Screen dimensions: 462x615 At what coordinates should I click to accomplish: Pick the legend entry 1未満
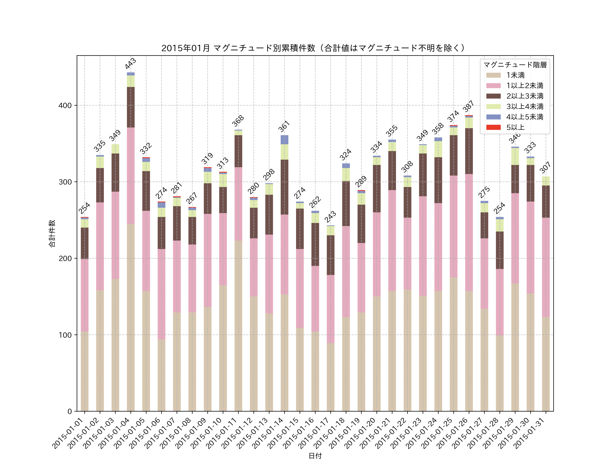tap(515, 75)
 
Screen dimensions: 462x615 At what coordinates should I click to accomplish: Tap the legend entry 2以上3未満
tap(525, 96)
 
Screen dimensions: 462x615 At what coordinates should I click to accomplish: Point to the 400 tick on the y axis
tap(65, 106)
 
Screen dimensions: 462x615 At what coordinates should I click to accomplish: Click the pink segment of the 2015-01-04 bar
tap(131, 175)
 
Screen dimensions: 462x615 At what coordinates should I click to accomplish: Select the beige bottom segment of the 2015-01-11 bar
tap(238, 326)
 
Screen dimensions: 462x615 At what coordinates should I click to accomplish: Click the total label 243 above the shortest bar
tap(330, 217)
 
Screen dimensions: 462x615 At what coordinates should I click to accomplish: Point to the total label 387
tap(468, 106)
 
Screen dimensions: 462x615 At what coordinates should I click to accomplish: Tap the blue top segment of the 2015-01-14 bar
tap(284, 139)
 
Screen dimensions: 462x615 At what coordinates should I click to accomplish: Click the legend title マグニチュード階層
tap(515, 65)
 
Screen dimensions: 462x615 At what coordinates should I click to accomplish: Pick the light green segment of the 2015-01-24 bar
tap(438, 149)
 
